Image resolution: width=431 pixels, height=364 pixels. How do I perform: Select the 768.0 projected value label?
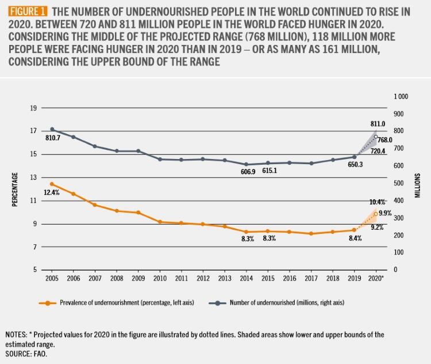click(385, 140)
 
